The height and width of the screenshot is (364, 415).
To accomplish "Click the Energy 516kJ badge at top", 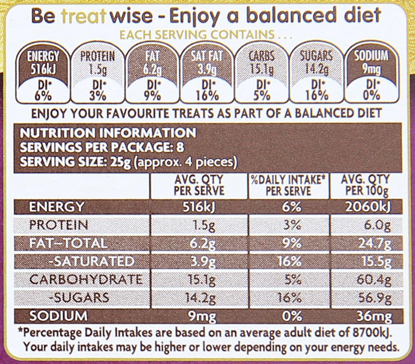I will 43,75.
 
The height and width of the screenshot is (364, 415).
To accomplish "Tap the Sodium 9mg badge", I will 371,75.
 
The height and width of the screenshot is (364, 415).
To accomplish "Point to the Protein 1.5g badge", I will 97,75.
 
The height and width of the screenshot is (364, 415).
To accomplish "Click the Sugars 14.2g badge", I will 316,75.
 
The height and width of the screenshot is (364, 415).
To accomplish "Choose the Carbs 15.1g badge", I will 262,75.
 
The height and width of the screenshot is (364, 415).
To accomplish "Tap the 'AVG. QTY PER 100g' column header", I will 365,185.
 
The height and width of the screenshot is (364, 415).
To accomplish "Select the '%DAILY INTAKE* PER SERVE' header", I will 288,185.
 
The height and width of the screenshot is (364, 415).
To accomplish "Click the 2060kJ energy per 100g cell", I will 367,207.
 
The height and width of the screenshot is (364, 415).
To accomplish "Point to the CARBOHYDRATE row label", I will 85,280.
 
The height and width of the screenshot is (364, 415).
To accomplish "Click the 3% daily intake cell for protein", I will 292,225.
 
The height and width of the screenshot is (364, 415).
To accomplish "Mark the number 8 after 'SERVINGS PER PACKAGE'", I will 180,147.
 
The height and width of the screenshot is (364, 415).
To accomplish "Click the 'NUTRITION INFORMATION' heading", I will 108,133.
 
